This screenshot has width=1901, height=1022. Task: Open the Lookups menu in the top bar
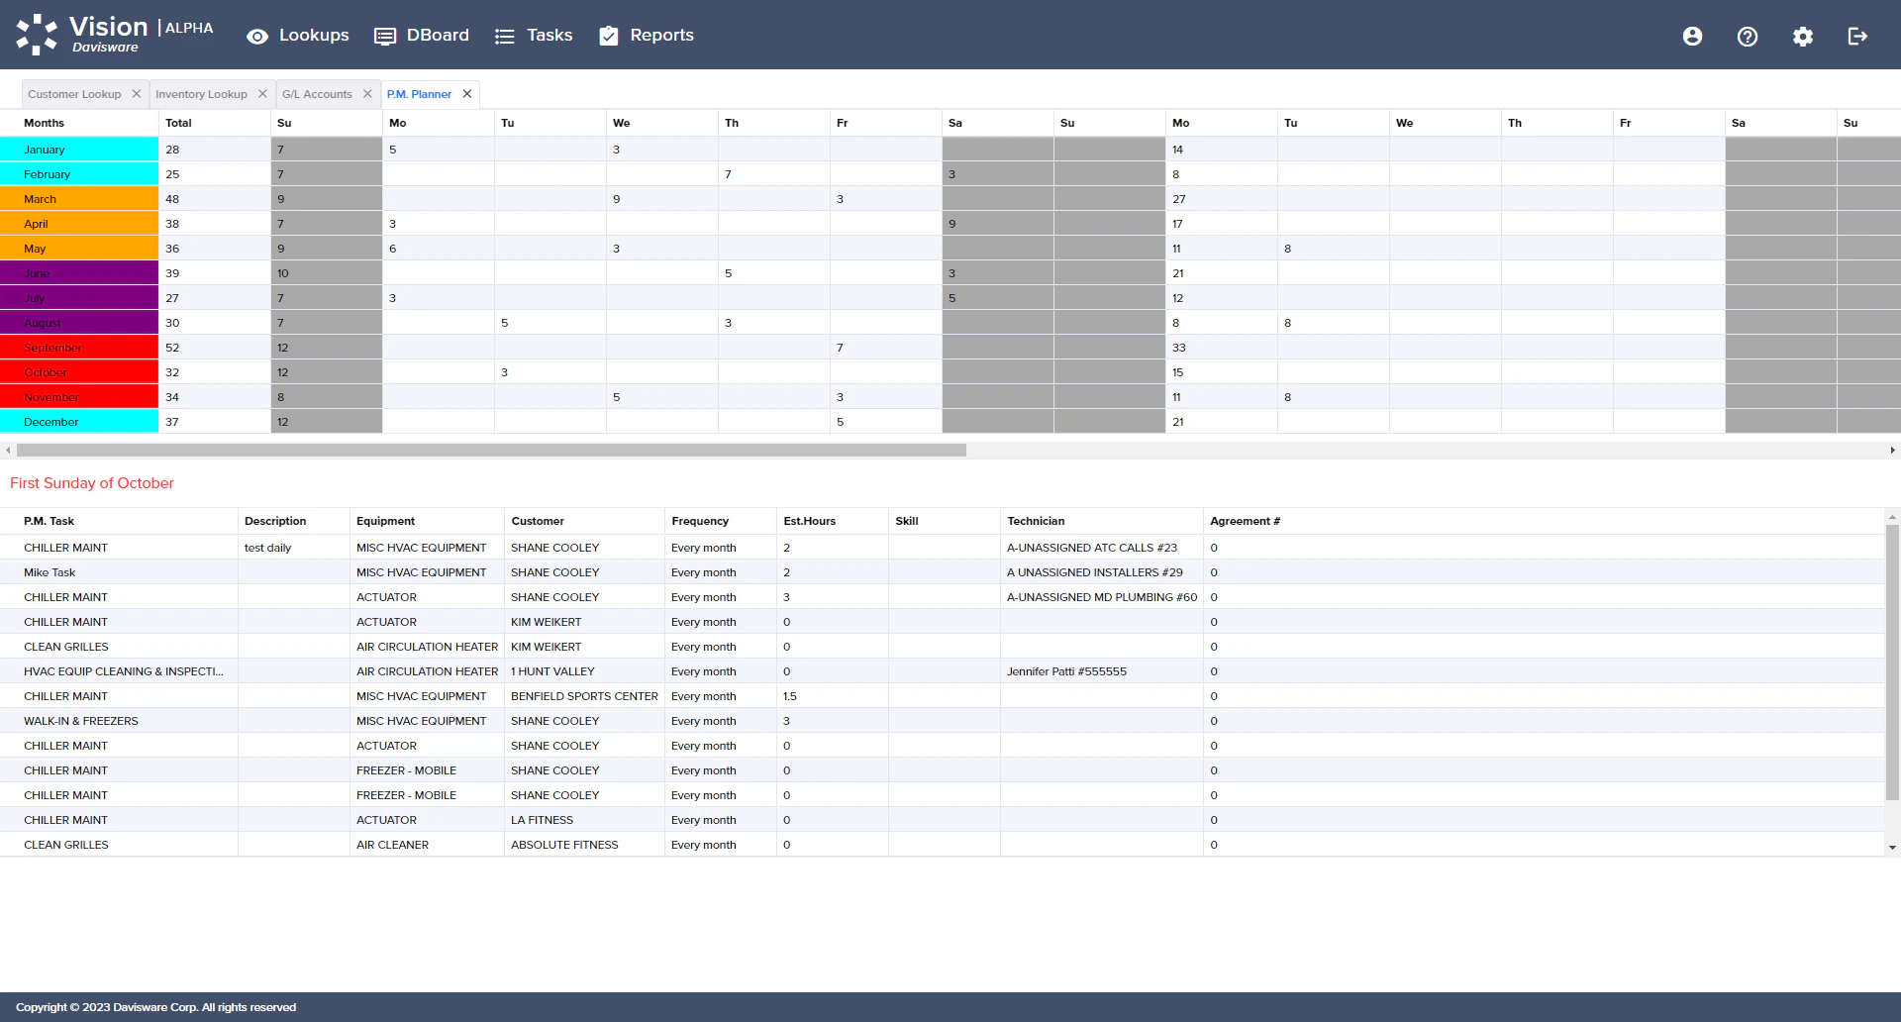point(298,36)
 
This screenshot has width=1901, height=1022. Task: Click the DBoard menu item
point(422,36)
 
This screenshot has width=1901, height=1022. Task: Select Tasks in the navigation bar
point(534,36)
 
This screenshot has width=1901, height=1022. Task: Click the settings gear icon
point(1803,37)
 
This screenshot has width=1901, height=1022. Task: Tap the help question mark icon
point(1748,37)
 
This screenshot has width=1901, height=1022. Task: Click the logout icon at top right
point(1857,37)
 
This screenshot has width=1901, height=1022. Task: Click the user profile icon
point(1692,37)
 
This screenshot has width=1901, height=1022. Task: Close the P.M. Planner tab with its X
point(467,94)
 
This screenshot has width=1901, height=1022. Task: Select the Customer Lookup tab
point(74,94)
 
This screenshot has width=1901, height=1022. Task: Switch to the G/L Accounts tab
point(317,94)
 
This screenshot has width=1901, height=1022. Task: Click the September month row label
point(53,348)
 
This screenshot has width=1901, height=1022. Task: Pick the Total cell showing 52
point(173,348)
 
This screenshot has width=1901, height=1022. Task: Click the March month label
point(41,199)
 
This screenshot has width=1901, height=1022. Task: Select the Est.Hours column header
point(809,521)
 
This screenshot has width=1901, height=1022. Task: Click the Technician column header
point(1036,521)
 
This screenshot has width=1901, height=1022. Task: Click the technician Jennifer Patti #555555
point(1066,671)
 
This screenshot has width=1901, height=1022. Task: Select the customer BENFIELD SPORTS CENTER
point(584,696)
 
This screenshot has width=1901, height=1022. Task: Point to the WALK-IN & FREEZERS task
point(81,721)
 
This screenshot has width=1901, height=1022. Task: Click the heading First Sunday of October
point(92,483)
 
